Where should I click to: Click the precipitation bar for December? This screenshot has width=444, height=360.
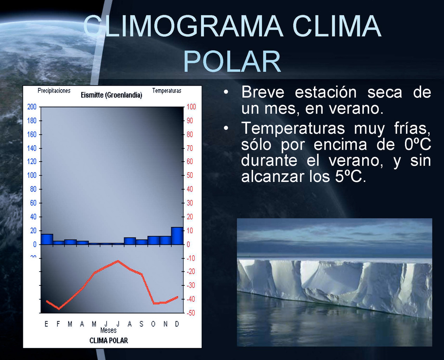click(177, 236)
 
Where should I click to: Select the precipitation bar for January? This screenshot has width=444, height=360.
click(47, 239)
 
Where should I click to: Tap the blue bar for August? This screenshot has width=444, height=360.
click(130, 241)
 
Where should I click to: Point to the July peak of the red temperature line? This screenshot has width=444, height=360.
click(118, 261)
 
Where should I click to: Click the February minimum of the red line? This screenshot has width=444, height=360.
click(59, 309)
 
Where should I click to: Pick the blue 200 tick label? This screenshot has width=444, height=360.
click(32, 107)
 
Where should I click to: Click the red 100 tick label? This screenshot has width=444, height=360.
click(191, 107)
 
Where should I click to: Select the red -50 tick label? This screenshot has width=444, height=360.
click(191, 313)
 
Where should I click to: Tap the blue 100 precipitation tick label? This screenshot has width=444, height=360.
click(32, 175)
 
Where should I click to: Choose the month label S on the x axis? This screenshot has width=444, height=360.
click(142, 324)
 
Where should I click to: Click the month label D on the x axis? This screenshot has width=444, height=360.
click(177, 324)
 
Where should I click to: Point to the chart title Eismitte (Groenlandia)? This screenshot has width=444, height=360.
click(111, 95)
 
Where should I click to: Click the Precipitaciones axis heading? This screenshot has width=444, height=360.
click(54, 91)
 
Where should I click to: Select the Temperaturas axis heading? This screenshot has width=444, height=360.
click(167, 90)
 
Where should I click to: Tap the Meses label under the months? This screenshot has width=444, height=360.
click(108, 330)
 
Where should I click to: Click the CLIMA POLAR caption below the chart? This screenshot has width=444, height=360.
click(109, 341)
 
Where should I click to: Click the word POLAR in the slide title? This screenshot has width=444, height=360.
click(232, 62)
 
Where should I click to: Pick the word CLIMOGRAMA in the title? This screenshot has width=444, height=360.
click(183, 26)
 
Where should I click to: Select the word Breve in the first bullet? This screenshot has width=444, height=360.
click(263, 92)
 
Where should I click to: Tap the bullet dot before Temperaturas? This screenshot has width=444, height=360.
click(226, 128)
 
